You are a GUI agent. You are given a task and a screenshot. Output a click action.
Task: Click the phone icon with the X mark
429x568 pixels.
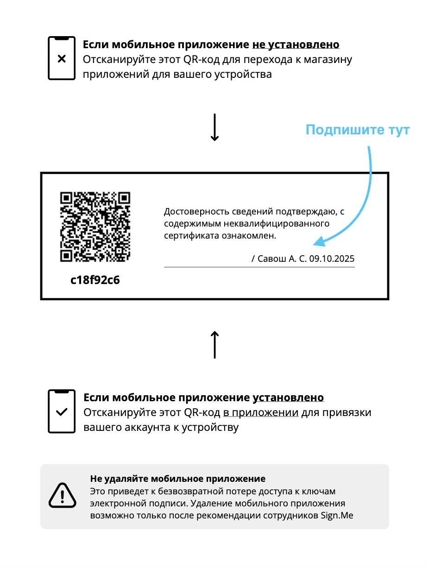coord(62,59)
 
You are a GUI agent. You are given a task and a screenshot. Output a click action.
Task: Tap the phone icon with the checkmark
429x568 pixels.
coord(62,411)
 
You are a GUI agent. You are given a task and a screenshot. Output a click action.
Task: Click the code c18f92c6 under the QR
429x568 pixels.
coord(95,280)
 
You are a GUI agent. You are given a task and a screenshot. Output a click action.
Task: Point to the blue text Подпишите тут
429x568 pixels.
coord(357,130)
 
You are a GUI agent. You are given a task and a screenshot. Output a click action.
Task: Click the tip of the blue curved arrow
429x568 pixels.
coord(315,243)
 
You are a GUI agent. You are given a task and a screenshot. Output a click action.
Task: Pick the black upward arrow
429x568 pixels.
coord(214,345)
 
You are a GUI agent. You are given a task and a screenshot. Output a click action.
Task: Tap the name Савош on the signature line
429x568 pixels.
coord(271,259)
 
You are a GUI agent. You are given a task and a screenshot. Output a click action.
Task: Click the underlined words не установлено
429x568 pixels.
coord(296,45)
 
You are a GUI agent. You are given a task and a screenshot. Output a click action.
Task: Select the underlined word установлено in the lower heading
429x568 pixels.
coord(288,398)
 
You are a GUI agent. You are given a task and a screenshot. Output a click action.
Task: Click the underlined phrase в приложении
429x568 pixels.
coord(260,412)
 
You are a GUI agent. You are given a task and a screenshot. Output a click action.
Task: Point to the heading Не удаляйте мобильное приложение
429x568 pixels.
coord(178,479)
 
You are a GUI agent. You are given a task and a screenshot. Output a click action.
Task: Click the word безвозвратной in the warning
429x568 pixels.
coord(176,491)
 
